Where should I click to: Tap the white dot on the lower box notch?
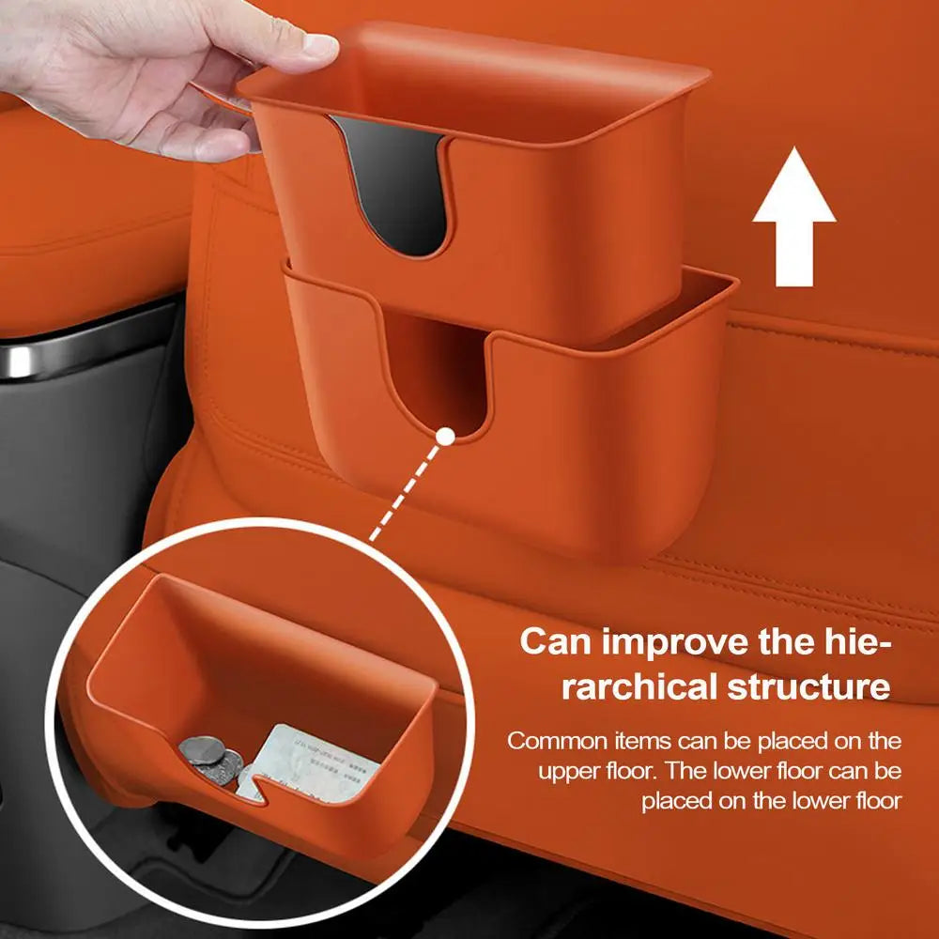tap(446, 436)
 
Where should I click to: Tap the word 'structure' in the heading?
tap(808, 686)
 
